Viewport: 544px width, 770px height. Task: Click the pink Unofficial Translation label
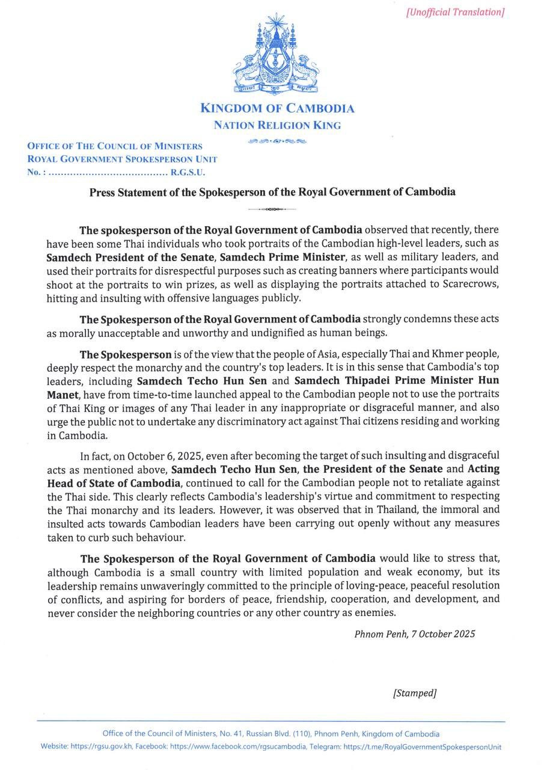click(455, 12)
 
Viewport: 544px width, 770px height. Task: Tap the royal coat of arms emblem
click(277, 57)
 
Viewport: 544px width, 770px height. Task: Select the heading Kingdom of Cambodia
click(277, 109)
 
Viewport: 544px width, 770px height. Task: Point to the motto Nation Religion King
click(277, 126)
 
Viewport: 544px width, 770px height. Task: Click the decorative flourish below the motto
click(277, 141)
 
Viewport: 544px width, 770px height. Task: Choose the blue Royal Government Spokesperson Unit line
click(122, 159)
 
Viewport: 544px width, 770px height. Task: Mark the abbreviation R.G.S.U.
click(188, 173)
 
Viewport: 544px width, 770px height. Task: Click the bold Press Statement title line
click(272, 192)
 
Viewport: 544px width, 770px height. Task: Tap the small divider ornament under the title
click(272, 209)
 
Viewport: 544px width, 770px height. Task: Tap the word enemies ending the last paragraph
click(376, 613)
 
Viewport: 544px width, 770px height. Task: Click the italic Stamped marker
click(414, 693)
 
